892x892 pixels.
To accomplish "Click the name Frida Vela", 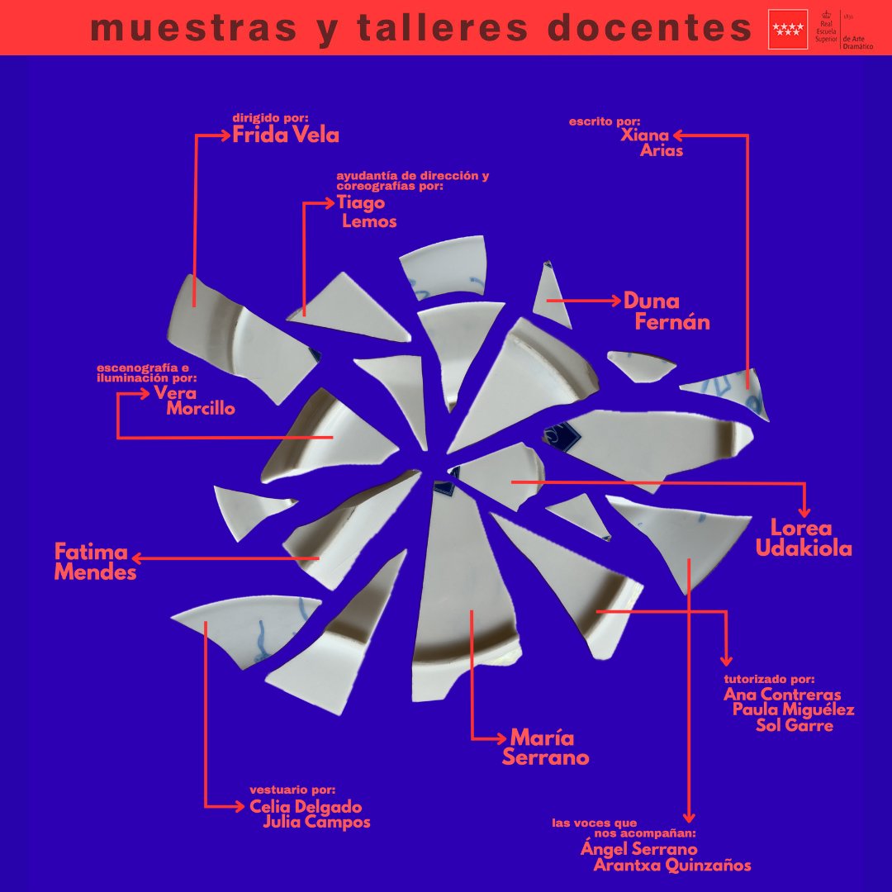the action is [286, 135].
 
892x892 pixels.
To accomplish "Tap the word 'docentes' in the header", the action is [649, 28].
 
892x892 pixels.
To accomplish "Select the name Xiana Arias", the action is [652, 143].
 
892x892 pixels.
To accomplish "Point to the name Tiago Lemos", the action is [367, 211].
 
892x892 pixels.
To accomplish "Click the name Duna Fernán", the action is [667, 311].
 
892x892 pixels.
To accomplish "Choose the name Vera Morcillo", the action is [194, 401].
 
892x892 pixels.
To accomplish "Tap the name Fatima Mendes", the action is [95, 562].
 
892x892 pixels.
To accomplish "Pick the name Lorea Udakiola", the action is [804, 538].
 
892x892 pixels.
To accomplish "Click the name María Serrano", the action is [545, 747].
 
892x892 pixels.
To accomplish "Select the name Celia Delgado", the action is [306, 806].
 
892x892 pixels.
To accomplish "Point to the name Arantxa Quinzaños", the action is [671, 866].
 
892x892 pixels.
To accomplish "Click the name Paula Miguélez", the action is [793, 709].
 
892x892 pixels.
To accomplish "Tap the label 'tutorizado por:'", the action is [769, 679].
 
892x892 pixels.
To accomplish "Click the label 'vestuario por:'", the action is [292, 790].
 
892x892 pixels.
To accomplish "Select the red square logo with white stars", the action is [788, 29].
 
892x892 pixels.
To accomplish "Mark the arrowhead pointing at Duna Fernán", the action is [615, 300].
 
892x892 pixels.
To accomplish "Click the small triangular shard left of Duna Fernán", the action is [551, 295].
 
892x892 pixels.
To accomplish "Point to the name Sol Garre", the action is [795, 725].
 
